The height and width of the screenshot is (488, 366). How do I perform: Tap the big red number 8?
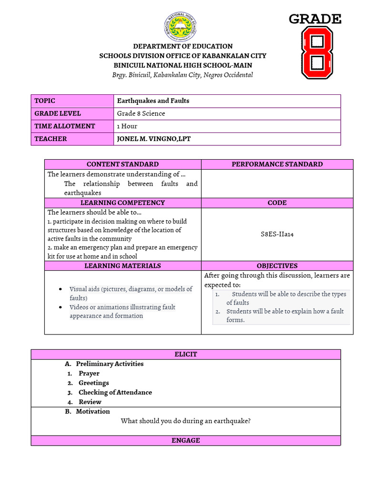(x=317, y=52)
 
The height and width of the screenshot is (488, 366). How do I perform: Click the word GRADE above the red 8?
(x=315, y=19)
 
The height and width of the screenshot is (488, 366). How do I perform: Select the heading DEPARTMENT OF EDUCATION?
(x=183, y=46)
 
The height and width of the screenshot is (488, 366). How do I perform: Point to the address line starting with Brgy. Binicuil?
(x=183, y=75)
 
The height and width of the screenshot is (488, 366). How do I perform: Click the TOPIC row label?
(x=45, y=101)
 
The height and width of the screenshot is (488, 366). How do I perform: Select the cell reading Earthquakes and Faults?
(x=153, y=101)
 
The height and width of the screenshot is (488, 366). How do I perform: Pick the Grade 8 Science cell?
(x=141, y=113)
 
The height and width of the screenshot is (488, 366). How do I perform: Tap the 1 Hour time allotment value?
(x=127, y=126)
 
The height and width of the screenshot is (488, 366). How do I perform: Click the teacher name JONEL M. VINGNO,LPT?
(x=153, y=139)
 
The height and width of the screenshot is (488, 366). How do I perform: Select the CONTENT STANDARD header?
(x=122, y=164)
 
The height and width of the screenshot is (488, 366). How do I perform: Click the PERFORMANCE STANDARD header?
(x=277, y=164)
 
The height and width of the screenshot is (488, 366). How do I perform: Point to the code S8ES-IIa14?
(x=277, y=234)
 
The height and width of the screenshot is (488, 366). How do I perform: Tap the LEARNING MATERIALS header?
(x=122, y=266)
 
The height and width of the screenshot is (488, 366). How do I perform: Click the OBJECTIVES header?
(x=277, y=266)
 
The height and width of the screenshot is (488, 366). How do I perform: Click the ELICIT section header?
(x=186, y=354)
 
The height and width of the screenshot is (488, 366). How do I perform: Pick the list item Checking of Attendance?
(x=115, y=392)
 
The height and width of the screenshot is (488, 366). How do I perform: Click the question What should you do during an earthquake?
(x=186, y=421)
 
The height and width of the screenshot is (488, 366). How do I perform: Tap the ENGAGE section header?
(x=186, y=440)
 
